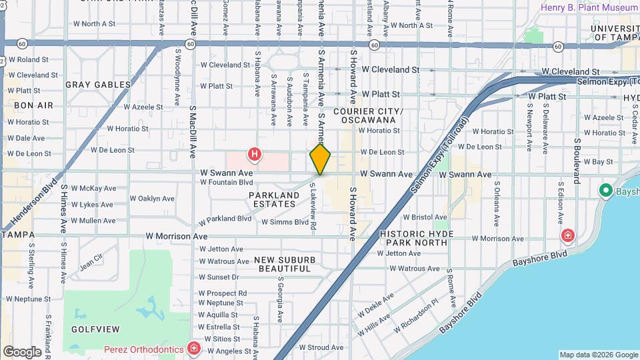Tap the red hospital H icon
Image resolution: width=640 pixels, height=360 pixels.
[x=254, y=155]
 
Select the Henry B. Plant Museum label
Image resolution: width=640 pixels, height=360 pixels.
[x=589, y=7]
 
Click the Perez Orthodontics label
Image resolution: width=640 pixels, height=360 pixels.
[x=143, y=349]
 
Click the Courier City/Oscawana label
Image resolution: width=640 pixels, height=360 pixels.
[x=368, y=115]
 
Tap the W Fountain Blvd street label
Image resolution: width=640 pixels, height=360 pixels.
[x=227, y=182]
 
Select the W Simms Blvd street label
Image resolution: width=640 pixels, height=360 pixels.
[x=285, y=222]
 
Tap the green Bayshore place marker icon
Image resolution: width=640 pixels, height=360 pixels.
[x=606, y=191]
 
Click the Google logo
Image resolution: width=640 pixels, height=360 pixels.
[x=22, y=352]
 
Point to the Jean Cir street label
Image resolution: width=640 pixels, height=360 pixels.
[x=91, y=261]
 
